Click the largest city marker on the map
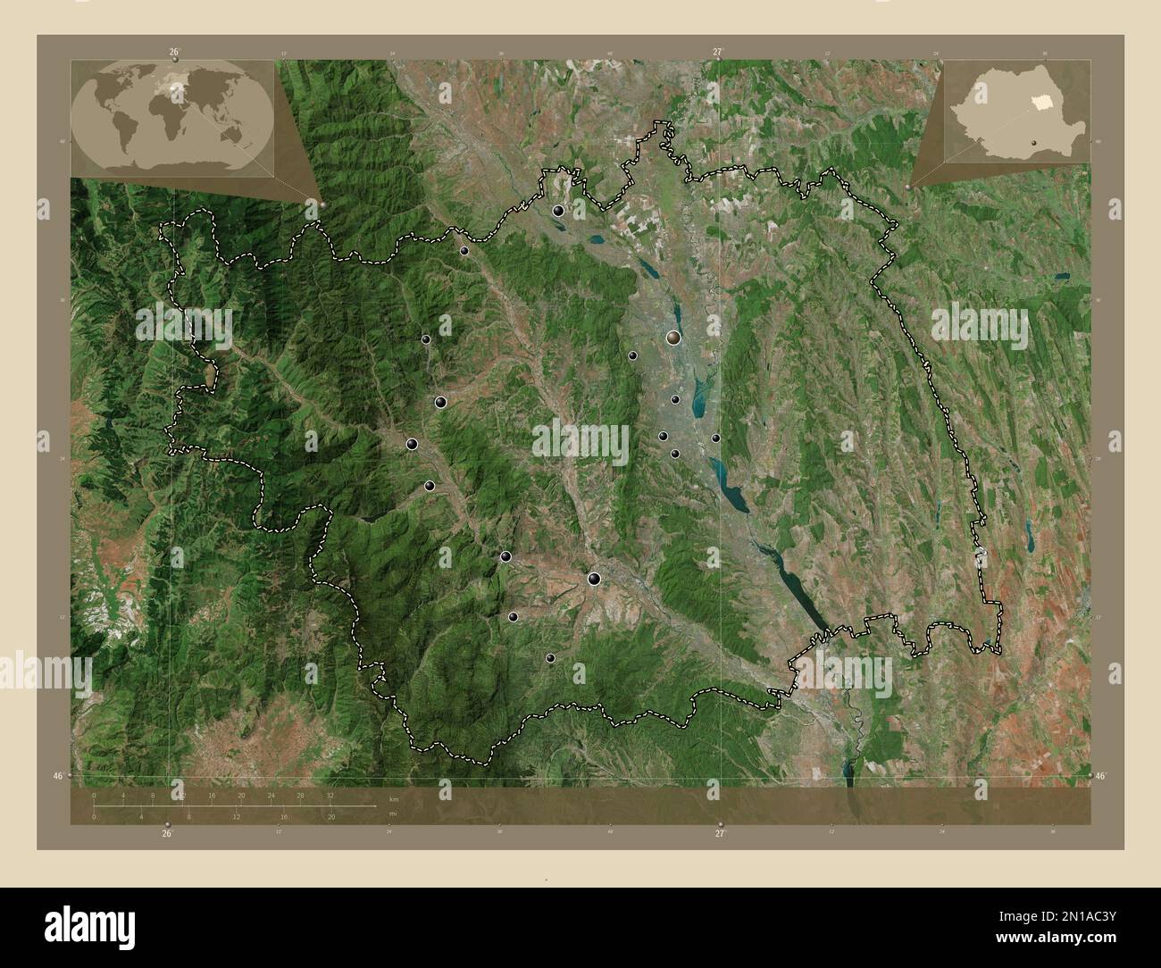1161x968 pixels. point(672,338)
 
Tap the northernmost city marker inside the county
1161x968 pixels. point(558,211)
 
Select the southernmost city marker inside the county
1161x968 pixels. point(550,658)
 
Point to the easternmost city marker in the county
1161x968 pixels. point(715,438)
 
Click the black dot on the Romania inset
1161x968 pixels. point(1034,140)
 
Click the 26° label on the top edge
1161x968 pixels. point(174,53)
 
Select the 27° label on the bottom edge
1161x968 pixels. point(719,833)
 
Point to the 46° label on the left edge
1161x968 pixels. point(58,777)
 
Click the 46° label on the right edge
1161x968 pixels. point(1104,777)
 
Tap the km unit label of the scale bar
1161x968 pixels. point(394,797)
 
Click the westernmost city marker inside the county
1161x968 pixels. point(413,444)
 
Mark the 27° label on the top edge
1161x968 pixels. point(717,53)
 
